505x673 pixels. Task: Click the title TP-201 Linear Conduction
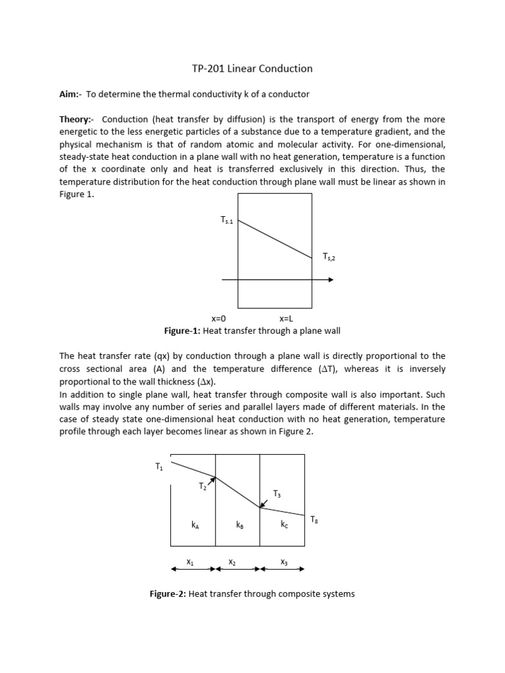[252, 68]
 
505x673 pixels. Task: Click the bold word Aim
[69, 95]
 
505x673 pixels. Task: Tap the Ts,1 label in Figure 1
[227, 220]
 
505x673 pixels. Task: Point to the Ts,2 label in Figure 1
[329, 257]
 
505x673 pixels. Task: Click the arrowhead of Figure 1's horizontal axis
[330, 280]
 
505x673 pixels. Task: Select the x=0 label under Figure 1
[218, 318]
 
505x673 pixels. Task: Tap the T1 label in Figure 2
[159, 467]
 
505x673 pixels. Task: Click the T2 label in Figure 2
[203, 487]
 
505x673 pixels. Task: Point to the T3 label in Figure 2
[277, 494]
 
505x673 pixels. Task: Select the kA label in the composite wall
[195, 524]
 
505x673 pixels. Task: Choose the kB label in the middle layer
[239, 524]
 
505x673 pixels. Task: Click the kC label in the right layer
[283, 524]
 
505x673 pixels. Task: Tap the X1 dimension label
[190, 562]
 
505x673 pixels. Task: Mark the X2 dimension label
[232, 562]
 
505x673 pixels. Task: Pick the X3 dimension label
[283, 562]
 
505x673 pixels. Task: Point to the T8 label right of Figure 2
[314, 520]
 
